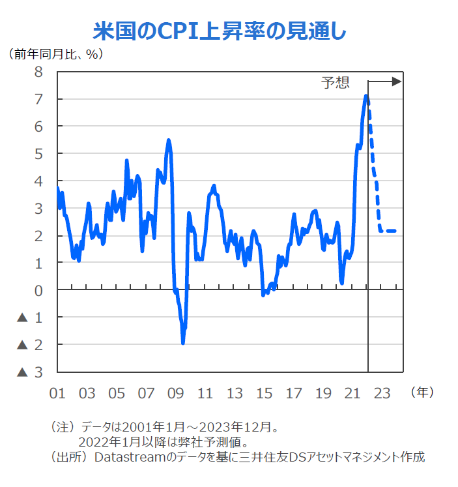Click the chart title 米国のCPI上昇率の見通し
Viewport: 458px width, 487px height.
[220, 31]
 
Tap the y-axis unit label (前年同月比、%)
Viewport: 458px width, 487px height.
[56, 54]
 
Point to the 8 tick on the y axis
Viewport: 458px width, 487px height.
[38, 72]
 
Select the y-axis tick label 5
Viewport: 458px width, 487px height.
[38, 154]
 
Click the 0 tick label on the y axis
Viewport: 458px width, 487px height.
[38, 291]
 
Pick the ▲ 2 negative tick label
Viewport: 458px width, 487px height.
[31, 345]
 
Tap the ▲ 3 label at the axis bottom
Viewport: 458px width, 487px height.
[31, 372]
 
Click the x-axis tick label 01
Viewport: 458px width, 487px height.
[57, 393]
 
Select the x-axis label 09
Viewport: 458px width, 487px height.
[175, 393]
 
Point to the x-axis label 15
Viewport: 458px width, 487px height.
[264, 393]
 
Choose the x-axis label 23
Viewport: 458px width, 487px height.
[382, 393]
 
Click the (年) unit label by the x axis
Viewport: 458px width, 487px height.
[422, 392]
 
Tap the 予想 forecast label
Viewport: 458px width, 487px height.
[336, 82]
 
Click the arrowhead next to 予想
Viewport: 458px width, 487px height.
[396, 81]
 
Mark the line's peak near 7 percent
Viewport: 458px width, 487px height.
[366, 96]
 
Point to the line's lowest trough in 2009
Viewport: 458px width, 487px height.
[183, 342]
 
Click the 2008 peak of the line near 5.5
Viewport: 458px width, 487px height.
[169, 140]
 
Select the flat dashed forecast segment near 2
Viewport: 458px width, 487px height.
[388, 231]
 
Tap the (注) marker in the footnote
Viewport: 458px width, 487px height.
[63, 428]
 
